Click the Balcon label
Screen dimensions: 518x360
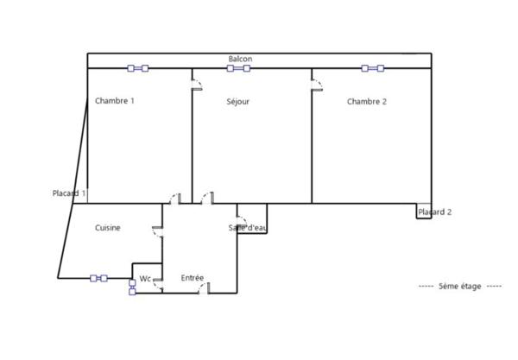click(240, 59)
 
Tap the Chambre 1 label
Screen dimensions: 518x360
click(115, 101)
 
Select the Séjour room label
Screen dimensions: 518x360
click(238, 102)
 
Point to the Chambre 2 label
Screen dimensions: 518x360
click(367, 102)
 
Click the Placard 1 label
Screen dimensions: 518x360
click(69, 193)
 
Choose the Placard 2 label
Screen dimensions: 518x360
click(435, 212)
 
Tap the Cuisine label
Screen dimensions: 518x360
click(108, 228)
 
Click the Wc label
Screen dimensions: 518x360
click(145, 279)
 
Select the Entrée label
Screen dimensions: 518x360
click(193, 278)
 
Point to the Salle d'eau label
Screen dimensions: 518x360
click(248, 228)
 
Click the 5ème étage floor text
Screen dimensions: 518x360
click(460, 286)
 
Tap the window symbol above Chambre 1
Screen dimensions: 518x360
click(138, 68)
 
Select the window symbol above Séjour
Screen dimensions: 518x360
click(238, 68)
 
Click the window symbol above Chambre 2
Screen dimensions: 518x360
click(373, 68)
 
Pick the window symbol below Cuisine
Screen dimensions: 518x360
click(98, 279)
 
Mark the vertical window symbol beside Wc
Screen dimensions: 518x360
click(132, 287)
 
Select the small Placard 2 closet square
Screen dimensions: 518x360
click(424, 211)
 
